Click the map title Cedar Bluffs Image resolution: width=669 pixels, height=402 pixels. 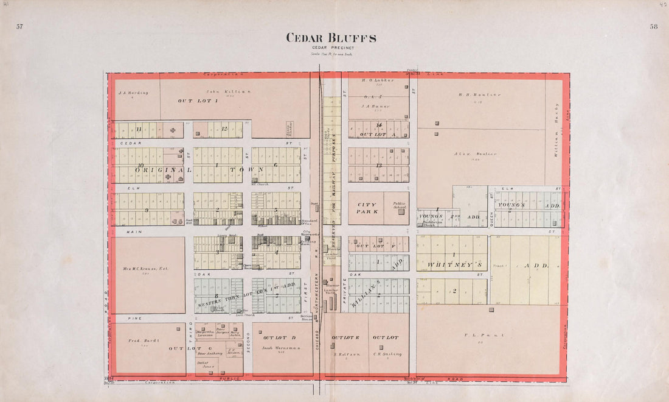331,38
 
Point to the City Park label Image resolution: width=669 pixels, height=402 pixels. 367,208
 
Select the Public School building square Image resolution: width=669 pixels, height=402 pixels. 401,211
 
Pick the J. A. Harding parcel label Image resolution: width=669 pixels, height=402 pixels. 131,93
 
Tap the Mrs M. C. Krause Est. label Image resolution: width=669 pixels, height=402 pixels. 147,269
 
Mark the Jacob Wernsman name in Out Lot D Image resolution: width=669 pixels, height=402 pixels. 278,348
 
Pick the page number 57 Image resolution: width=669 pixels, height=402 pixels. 19,27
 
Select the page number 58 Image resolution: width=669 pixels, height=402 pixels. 654,27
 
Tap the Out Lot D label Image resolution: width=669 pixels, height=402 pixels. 277,337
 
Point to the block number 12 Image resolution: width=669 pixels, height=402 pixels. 224,129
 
